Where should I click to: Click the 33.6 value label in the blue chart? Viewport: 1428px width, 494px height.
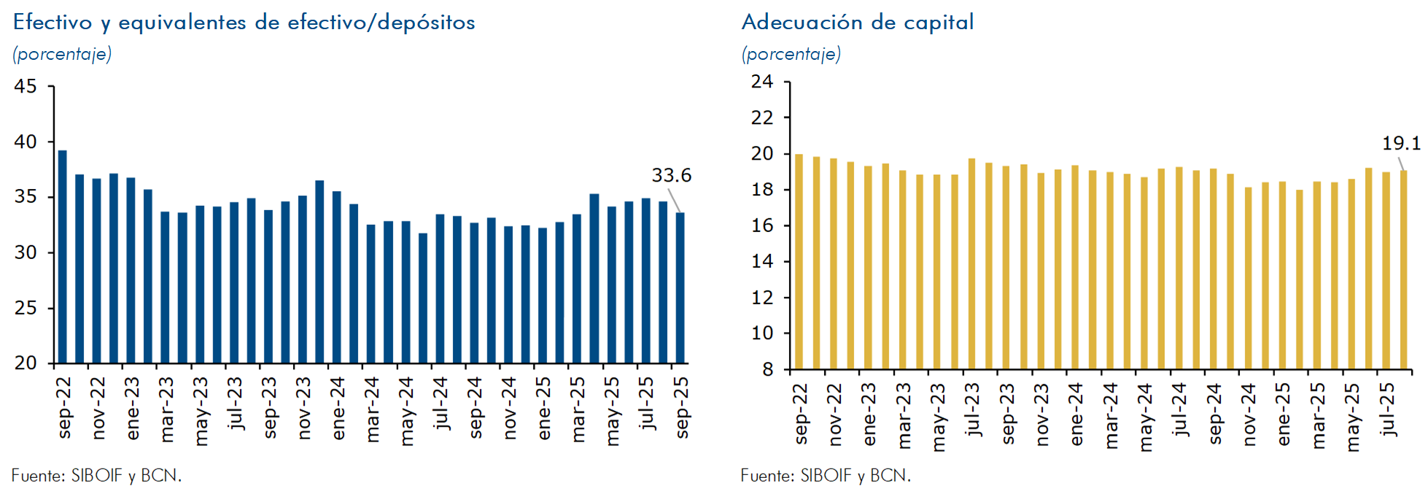click(671, 176)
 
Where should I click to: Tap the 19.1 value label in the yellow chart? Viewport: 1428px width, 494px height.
click(1401, 144)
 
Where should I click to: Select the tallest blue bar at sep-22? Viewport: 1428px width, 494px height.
click(63, 255)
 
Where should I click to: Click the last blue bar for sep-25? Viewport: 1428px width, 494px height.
click(680, 287)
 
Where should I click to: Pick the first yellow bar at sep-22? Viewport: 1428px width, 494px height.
click(799, 261)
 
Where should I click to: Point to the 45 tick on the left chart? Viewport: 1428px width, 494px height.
click(26, 87)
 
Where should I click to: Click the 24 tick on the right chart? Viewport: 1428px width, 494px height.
click(762, 82)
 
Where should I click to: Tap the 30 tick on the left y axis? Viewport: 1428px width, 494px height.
click(26, 252)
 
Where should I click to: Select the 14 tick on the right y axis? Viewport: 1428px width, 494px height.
click(762, 261)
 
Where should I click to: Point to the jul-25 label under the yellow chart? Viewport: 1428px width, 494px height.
click(1389, 409)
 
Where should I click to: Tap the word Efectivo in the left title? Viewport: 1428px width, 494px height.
click(53, 23)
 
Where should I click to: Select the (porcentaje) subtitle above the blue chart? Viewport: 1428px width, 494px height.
click(62, 54)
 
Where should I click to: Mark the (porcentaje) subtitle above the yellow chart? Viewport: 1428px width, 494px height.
click(791, 54)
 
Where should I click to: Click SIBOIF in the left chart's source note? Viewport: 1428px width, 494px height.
click(96, 476)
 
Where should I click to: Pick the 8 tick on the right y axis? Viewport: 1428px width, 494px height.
click(767, 370)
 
